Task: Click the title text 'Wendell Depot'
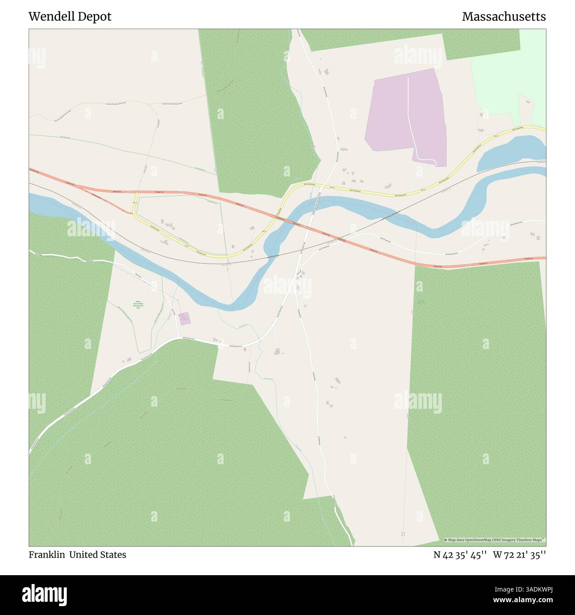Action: tap(70, 17)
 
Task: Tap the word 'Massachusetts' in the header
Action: tap(503, 17)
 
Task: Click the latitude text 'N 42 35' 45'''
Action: tap(460, 555)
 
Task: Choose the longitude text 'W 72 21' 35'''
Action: tap(519, 555)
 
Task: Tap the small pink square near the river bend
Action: tap(184, 319)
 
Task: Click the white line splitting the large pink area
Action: tap(409, 115)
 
